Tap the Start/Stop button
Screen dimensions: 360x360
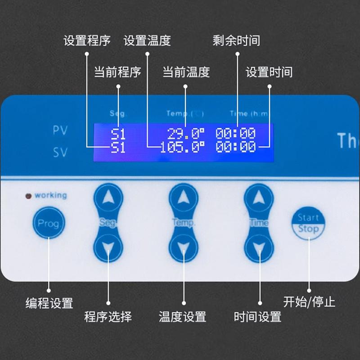click(x=308, y=223)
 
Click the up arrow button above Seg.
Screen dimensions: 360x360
click(x=108, y=198)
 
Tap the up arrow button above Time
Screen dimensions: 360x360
click(x=259, y=198)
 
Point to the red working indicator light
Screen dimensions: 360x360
click(x=29, y=196)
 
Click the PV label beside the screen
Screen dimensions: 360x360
click(x=60, y=131)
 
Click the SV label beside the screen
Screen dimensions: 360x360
click(x=60, y=153)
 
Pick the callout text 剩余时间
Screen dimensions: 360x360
click(x=236, y=41)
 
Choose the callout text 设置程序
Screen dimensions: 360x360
click(x=87, y=41)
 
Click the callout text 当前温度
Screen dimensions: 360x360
click(x=186, y=72)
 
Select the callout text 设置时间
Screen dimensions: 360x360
click(x=269, y=72)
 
